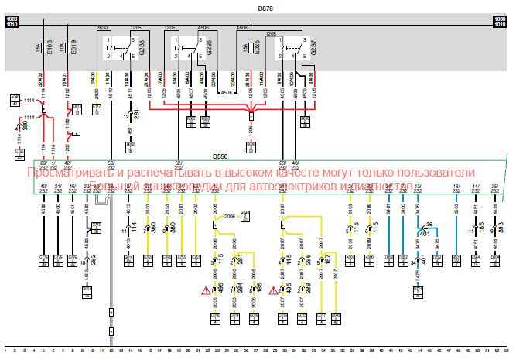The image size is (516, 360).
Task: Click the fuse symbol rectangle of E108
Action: click(43, 53)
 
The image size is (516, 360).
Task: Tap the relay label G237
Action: click(313, 51)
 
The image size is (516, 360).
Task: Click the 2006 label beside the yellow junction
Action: click(229, 218)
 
